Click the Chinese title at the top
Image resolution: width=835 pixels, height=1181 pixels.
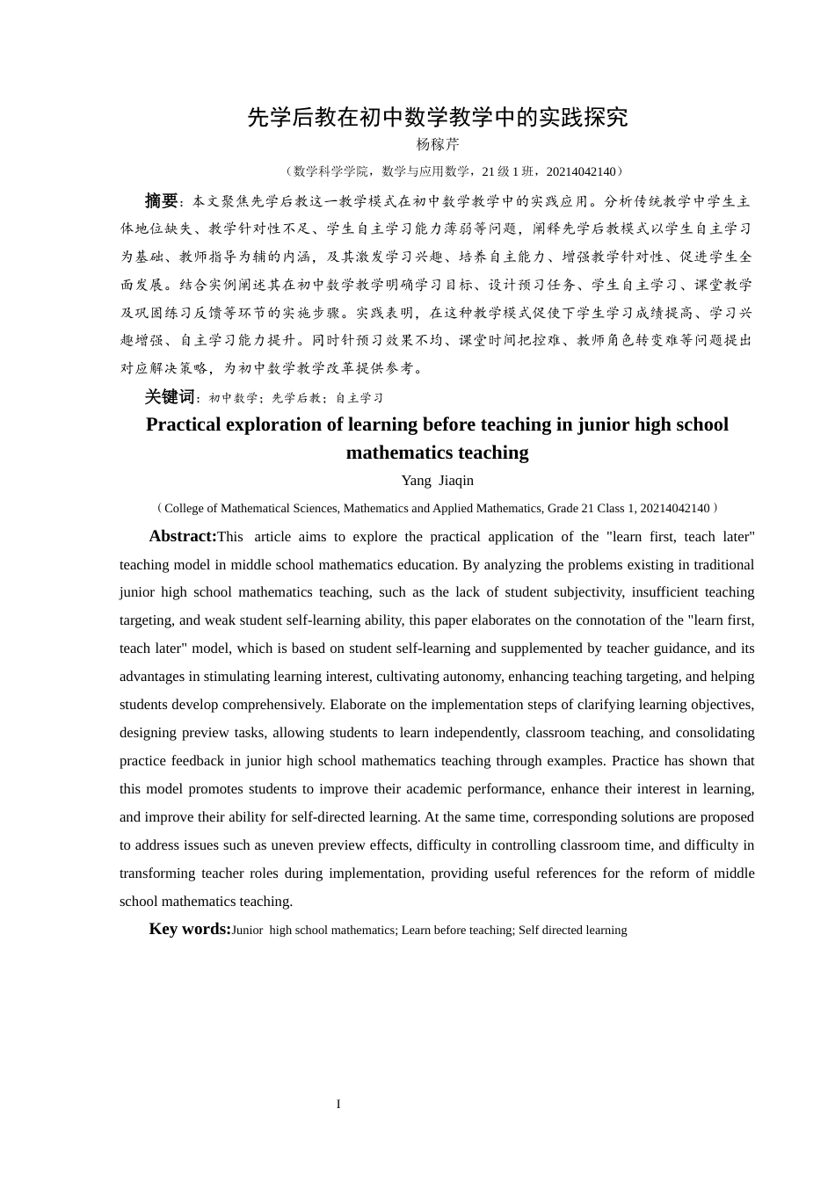(x=437, y=118)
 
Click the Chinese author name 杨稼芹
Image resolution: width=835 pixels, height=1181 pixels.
(x=437, y=145)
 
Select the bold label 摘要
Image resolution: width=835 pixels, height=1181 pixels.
(x=162, y=200)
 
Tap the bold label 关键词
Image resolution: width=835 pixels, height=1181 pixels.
(x=170, y=397)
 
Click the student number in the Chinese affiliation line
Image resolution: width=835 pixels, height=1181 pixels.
(x=580, y=172)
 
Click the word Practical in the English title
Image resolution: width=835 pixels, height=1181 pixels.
(x=183, y=424)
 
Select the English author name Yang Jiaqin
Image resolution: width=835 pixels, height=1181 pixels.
(x=437, y=481)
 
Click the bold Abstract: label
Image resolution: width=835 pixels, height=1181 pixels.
(x=183, y=536)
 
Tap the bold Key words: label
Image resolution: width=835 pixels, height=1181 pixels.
(x=190, y=929)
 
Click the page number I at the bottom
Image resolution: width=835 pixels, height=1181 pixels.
(x=338, y=1105)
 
